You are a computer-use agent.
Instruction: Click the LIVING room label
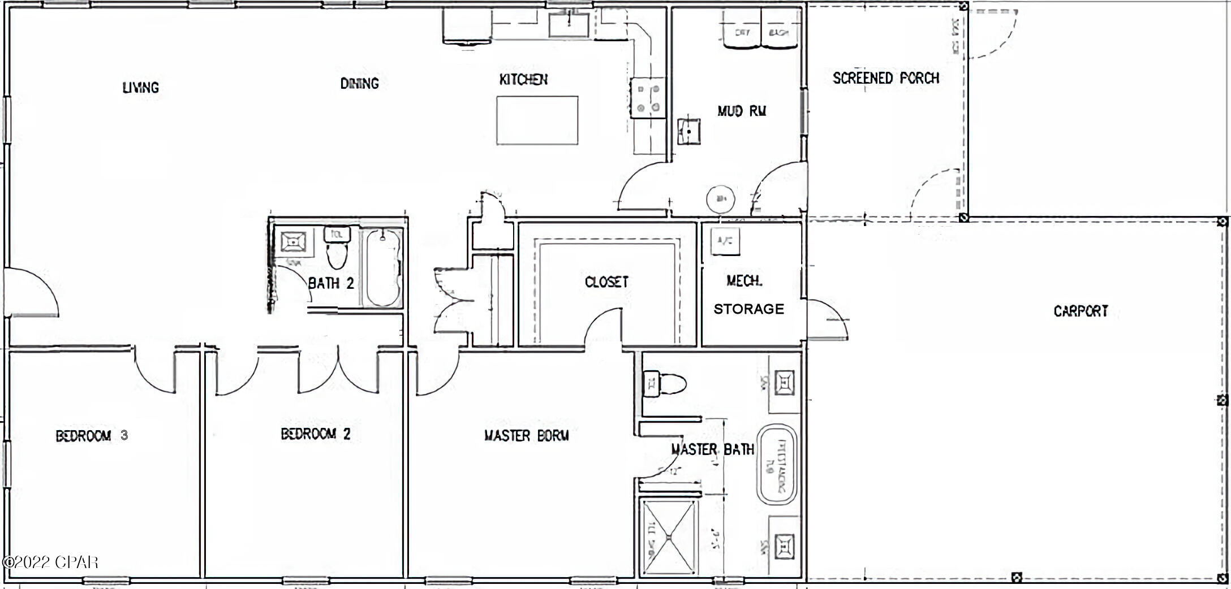140,88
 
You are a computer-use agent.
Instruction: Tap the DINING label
359,84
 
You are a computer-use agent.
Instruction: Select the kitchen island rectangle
537,120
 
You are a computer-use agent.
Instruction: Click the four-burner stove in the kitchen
648,98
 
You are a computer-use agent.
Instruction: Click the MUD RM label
742,111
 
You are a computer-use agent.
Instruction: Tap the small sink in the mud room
689,132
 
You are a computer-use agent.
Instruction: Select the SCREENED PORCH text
886,78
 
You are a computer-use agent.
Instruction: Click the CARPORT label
1081,311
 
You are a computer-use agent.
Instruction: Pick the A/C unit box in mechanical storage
725,241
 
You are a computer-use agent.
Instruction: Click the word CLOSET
606,281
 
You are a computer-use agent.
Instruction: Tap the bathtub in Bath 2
382,267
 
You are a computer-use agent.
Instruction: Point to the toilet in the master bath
666,384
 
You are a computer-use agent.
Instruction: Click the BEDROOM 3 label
92,436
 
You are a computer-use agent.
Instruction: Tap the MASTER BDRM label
526,436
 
